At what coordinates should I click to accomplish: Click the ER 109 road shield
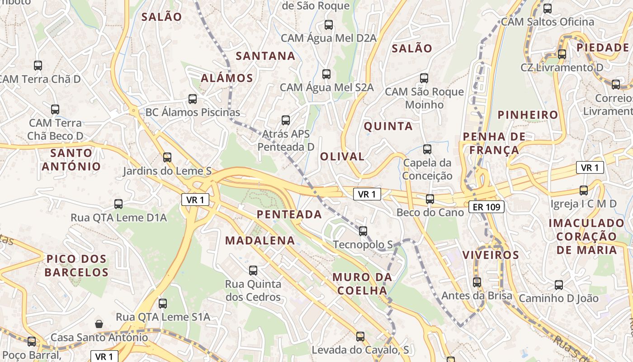(x=487, y=207)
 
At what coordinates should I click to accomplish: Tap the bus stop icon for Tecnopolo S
(x=363, y=231)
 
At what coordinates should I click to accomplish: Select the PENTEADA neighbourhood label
(x=289, y=214)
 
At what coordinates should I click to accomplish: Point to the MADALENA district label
(x=260, y=240)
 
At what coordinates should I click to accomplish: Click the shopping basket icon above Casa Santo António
(x=99, y=324)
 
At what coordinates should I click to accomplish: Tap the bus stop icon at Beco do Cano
(x=430, y=199)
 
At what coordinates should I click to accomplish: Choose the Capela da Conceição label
(x=427, y=169)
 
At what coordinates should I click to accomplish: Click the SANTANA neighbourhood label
(x=266, y=56)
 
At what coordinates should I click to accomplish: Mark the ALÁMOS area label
(x=227, y=78)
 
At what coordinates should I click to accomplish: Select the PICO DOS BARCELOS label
(x=77, y=266)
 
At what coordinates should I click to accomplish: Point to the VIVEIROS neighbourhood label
(x=491, y=255)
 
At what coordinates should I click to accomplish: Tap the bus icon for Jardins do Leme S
(x=167, y=157)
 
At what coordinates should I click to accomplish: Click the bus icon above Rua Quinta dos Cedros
(x=253, y=271)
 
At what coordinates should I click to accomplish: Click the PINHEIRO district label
(x=528, y=115)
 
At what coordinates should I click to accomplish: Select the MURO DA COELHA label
(x=363, y=284)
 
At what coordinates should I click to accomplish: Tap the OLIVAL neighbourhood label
(x=342, y=157)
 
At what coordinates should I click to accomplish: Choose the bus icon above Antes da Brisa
(x=477, y=282)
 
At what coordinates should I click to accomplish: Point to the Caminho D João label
(x=558, y=298)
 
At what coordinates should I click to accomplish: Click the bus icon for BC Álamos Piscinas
(x=193, y=99)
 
